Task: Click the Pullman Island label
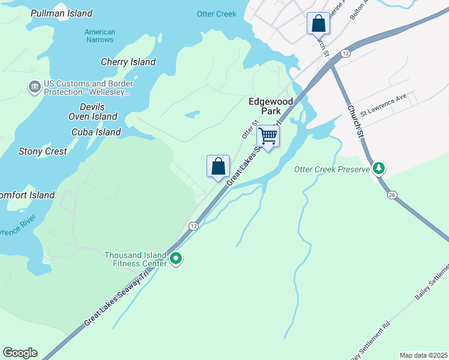point(61,13)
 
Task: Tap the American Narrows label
point(100,36)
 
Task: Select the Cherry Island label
point(128,62)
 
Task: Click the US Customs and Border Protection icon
point(34,88)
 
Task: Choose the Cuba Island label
point(96,132)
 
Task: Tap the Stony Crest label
point(43,151)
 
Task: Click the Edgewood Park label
point(271,106)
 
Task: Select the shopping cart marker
point(268,136)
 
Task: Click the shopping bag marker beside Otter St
point(218,166)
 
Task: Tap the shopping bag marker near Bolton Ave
point(318,24)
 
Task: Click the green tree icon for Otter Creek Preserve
point(378,169)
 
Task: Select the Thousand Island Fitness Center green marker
point(176,259)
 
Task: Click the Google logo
point(20,353)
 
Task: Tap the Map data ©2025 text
point(423,355)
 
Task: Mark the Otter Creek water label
point(217,14)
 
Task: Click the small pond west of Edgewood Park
point(192,114)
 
